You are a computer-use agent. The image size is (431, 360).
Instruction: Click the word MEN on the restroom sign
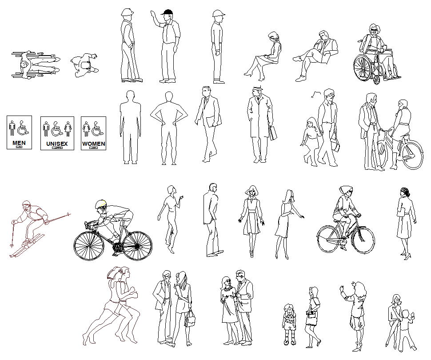click(19, 143)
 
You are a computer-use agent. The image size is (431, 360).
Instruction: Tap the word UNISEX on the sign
click(57, 144)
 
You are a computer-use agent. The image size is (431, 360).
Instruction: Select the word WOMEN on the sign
click(93, 144)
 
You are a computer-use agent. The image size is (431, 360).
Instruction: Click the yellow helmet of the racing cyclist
click(101, 204)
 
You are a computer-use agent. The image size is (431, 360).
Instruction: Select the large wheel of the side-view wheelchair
click(363, 68)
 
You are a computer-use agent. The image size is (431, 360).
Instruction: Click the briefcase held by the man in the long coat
click(272, 132)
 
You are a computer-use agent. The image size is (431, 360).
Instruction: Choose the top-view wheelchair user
click(33, 65)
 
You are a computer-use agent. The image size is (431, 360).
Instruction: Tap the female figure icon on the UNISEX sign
click(68, 129)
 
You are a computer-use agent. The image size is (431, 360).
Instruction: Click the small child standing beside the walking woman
click(289, 323)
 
